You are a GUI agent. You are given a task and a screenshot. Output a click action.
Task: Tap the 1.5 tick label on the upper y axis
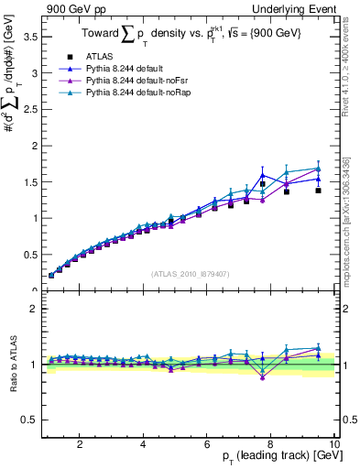pos(28,182)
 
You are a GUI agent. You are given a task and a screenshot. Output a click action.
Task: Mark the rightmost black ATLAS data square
pos(318,191)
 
